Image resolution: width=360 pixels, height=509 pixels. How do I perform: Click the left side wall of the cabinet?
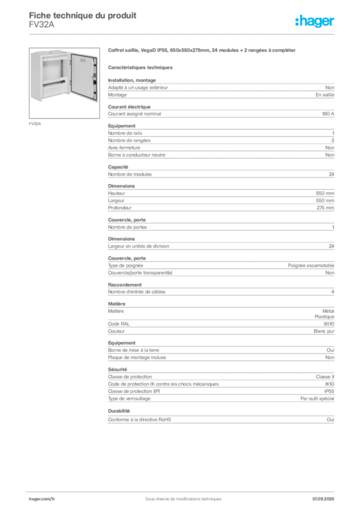pos(35,77)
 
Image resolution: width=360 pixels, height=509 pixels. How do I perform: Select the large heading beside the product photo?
pos(203,51)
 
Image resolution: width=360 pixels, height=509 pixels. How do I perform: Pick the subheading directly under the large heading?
pos(141,67)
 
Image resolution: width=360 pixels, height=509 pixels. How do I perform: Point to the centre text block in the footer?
pos(180,496)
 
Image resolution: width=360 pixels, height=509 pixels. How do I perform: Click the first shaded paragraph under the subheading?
pos(221,88)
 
